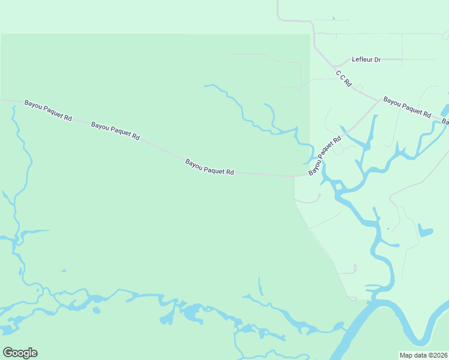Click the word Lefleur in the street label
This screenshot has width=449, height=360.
[x=363, y=59]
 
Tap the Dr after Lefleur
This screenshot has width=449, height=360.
[x=378, y=59]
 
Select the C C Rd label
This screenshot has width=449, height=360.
[x=343, y=79]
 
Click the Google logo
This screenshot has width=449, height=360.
[x=20, y=353]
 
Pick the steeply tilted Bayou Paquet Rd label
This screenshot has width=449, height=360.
[x=325, y=155]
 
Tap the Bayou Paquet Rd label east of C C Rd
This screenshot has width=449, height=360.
[x=408, y=107]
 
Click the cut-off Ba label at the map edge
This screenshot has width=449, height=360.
[x=445, y=122]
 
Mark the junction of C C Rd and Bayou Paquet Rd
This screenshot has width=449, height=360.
[x=378, y=100]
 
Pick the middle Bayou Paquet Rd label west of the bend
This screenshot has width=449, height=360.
[x=115, y=131]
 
